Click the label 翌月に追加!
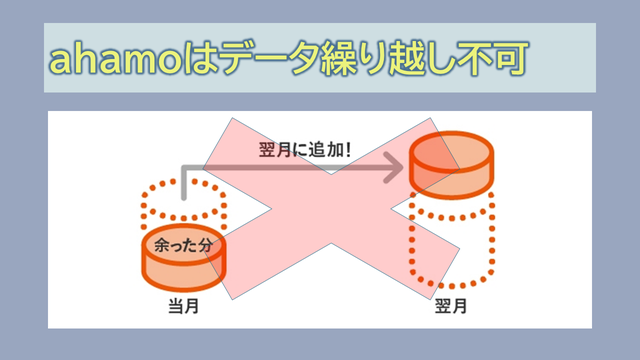point(305,150)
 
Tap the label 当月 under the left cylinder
point(184,306)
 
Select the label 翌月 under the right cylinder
point(451,306)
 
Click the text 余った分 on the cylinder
point(183,245)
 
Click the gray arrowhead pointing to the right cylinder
point(394,167)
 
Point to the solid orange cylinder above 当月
point(184,258)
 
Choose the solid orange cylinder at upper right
point(451,165)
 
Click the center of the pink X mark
point(331,209)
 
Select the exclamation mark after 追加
point(348,150)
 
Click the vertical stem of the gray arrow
point(184,183)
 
